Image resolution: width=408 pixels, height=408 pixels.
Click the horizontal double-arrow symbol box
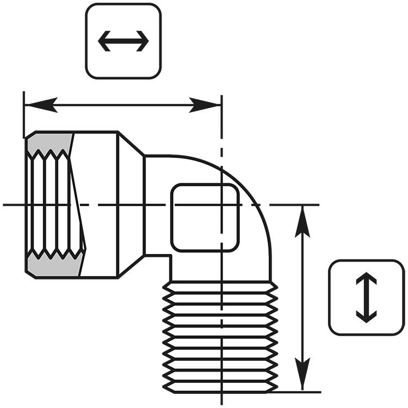point(123,41)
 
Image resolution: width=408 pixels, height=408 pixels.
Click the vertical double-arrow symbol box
point(366,297)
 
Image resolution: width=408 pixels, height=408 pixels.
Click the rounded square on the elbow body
point(205,218)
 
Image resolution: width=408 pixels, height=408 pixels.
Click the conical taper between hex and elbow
point(131,204)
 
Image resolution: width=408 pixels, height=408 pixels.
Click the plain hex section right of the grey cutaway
point(98,204)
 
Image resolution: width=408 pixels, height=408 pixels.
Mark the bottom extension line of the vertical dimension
point(299,392)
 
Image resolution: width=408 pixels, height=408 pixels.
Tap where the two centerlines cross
point(221,205)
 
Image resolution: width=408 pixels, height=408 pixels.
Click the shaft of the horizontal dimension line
point(123,105)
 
